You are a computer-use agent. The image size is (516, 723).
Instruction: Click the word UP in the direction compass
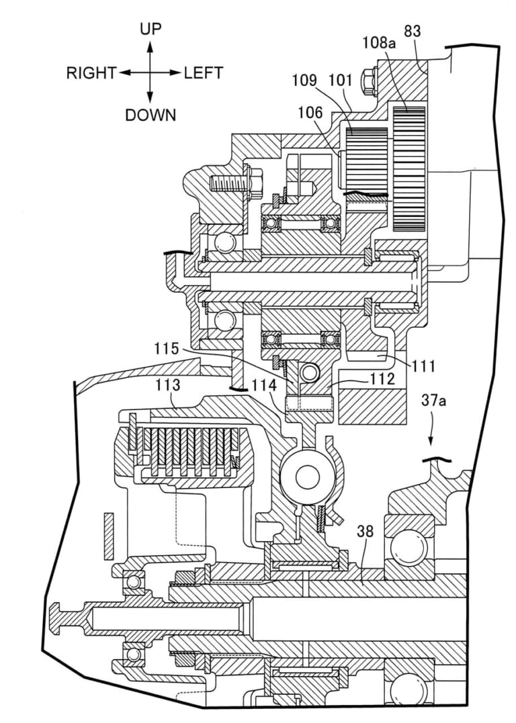pyautogui.click(x=150, y=29)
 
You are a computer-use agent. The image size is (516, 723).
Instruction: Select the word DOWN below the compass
pyautogui.click(x=150, y=115)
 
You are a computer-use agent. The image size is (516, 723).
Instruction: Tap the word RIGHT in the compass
pyautogui.click(x=91, y=73)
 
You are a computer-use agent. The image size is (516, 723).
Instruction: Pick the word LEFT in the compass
pyautogui.click(x=204, y=73)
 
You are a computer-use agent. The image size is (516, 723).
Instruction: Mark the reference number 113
pyautogui.click(x=167, y=385)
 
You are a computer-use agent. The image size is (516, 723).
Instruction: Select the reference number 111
pyautogui.click(x=424, y=366)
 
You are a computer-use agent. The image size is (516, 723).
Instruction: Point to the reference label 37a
pyautogui.click(x=433, y=403)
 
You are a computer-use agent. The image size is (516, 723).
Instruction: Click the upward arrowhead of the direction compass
pyautogui.click(x=150, y=46)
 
